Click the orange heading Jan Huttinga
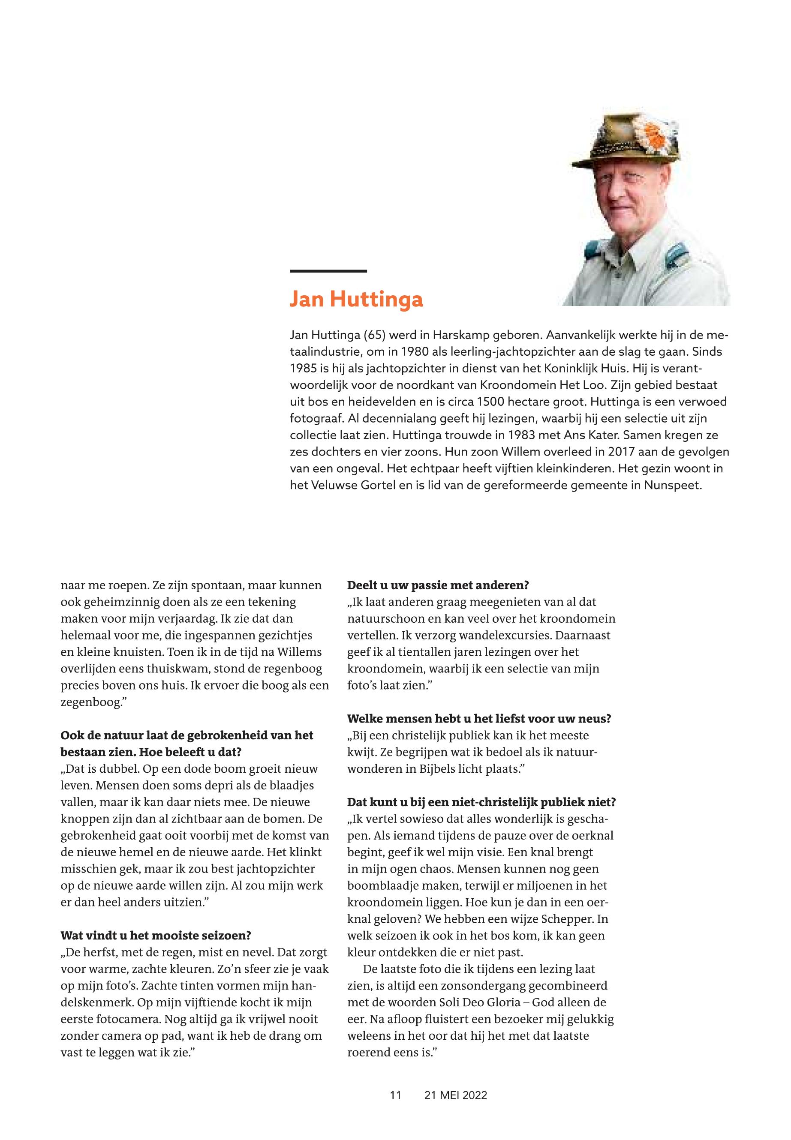click(x=356, y=300)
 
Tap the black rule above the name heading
click(x=328, y=271)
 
